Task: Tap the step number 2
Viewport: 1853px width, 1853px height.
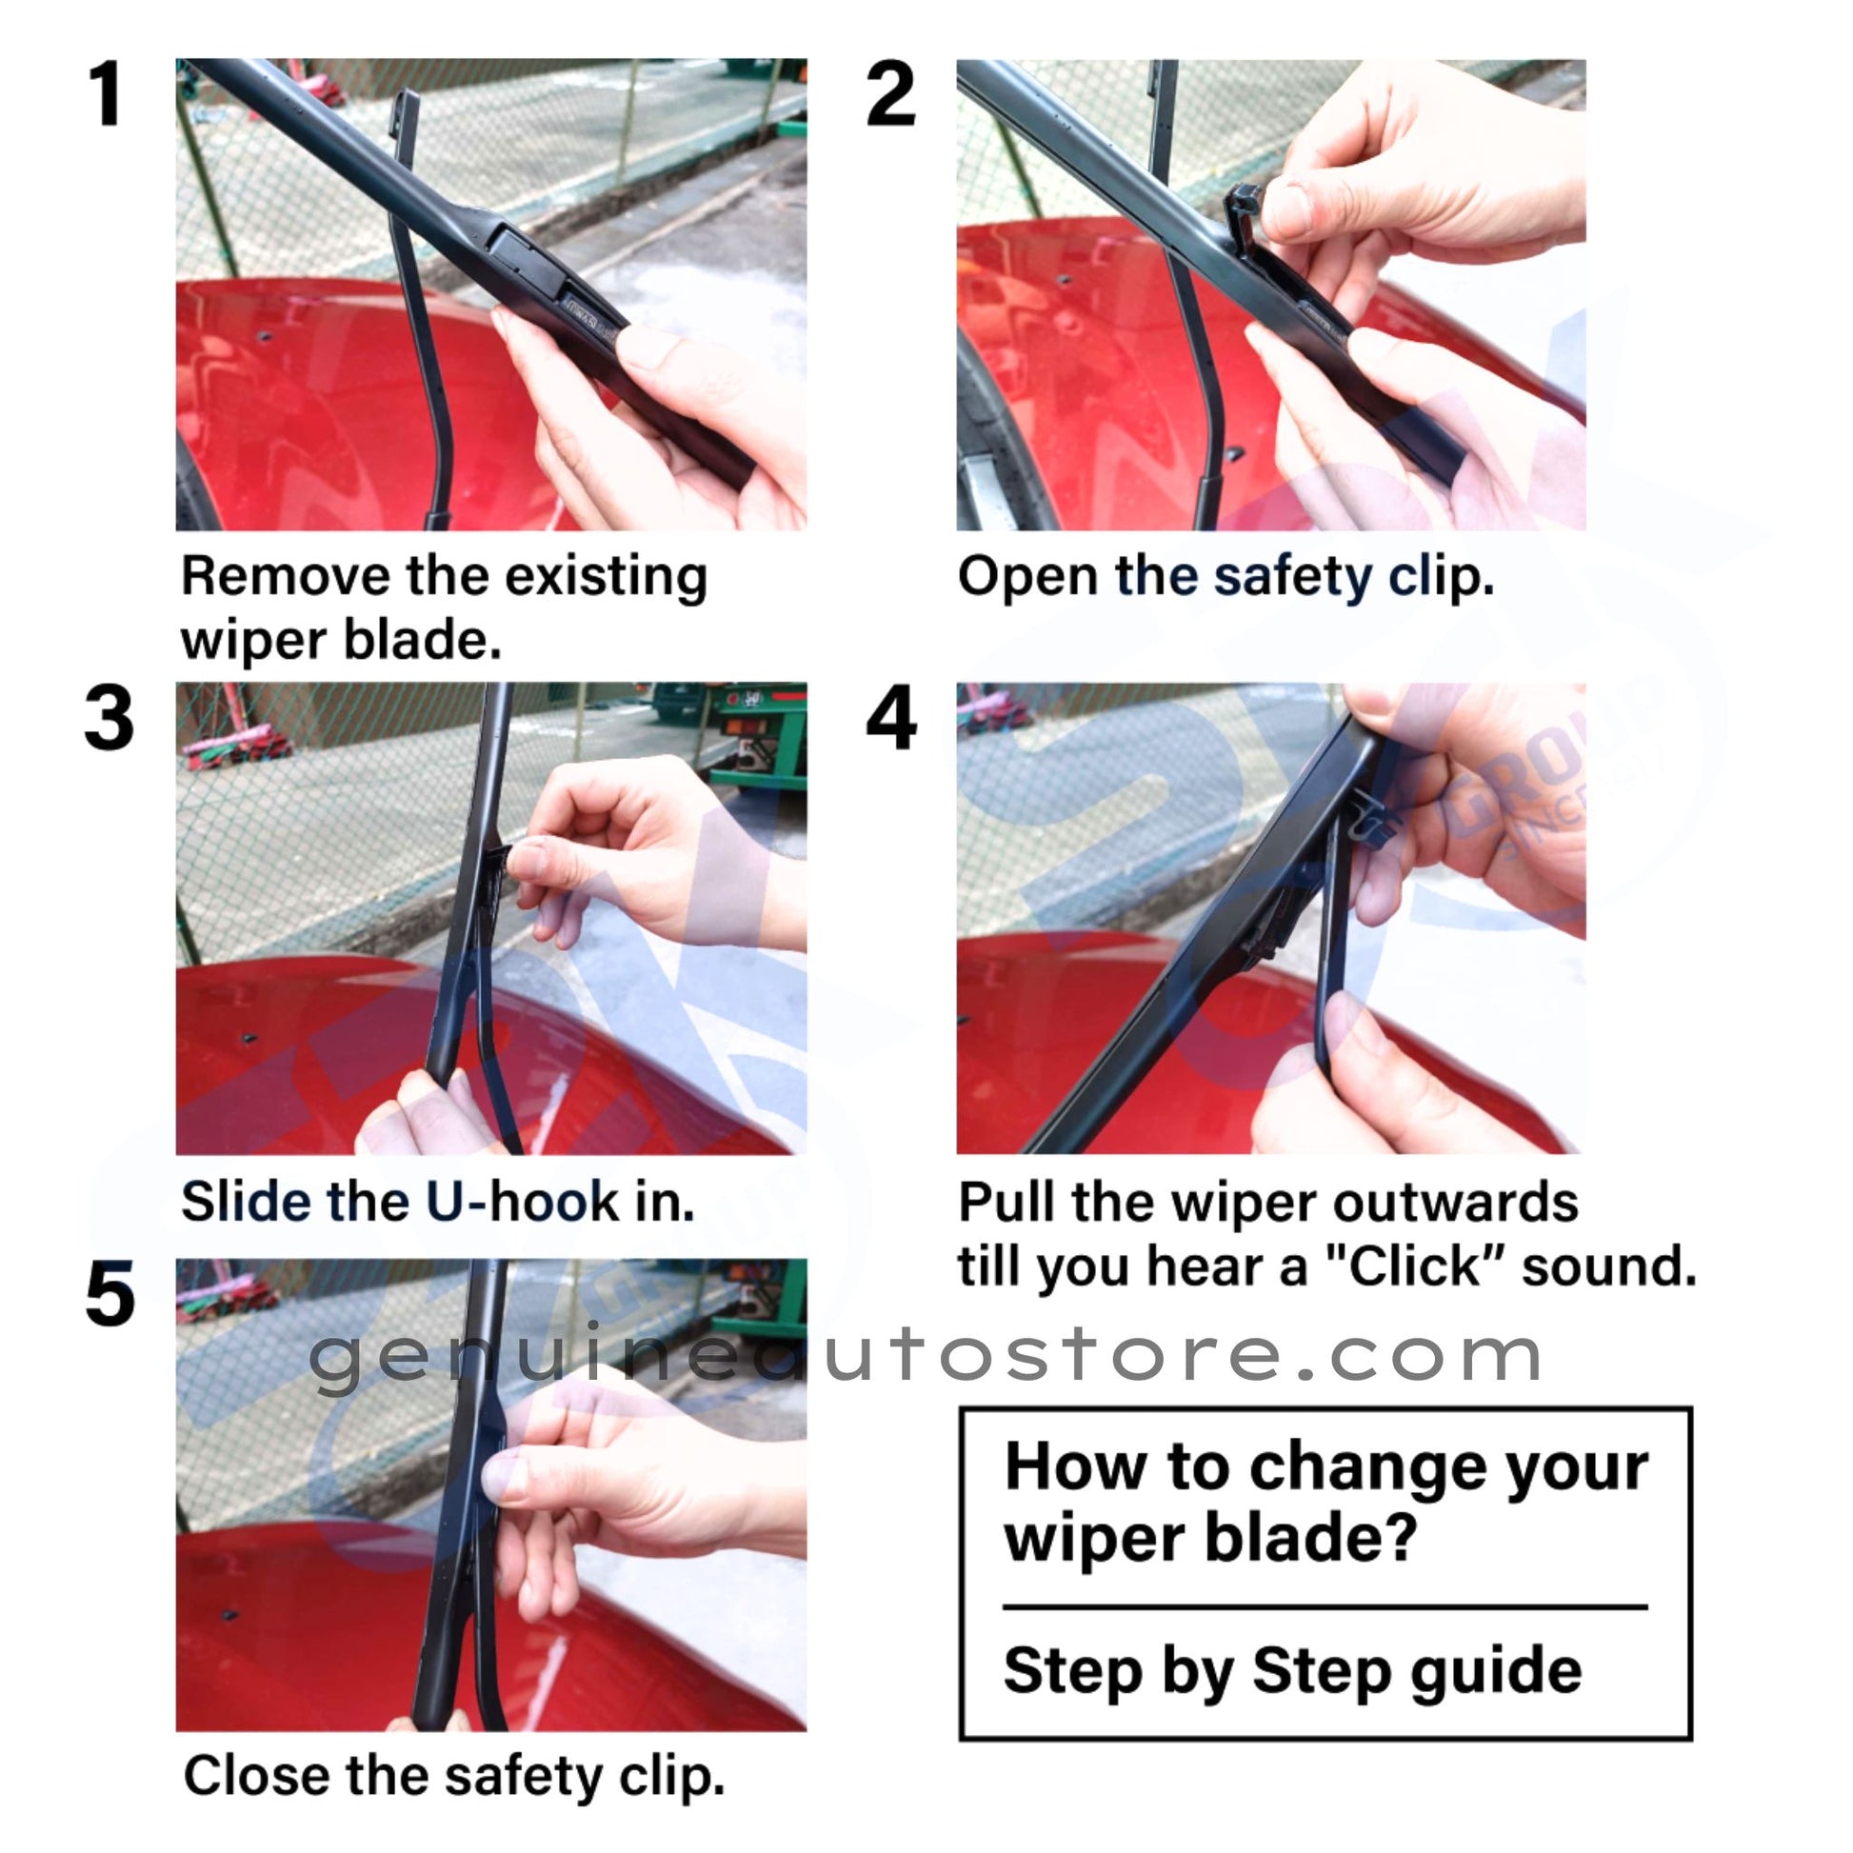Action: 890,94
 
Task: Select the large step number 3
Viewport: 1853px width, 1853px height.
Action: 110,717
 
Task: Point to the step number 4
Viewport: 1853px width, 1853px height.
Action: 891,717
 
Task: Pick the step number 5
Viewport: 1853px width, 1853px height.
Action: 110,1295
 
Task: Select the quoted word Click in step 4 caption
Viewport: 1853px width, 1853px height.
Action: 1415,1266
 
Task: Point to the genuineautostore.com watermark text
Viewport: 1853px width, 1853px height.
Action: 926,1356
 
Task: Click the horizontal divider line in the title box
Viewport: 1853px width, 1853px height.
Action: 1325,1605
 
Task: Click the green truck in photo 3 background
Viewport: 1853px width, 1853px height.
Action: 758,734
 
